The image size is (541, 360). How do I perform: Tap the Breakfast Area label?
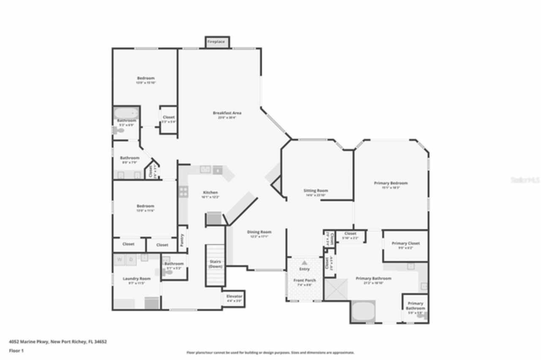[x=227, y=113]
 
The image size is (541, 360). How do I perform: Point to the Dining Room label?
[x=259, y=232]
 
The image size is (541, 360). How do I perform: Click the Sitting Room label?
[x=316, y=191]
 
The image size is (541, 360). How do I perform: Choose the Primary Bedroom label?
[x=391, y=183]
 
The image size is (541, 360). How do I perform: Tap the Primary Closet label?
[x=405, y=243]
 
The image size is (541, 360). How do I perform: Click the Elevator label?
[x=234, y=296]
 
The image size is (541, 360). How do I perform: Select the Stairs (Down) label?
[x=215, y=264]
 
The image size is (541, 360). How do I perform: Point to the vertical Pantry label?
[x=182, y=239]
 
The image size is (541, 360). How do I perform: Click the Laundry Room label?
[x=137, y=278]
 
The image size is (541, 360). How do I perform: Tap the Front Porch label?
[x=304, y=281]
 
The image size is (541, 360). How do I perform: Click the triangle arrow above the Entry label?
[x=304, y=263]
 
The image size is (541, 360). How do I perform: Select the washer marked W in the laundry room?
[x=119, y=259]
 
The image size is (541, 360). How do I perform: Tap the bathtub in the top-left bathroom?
[x=126, y=113]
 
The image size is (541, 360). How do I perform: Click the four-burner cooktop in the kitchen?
[x=183, y=191]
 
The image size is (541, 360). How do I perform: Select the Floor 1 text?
[x=16, y=351]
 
